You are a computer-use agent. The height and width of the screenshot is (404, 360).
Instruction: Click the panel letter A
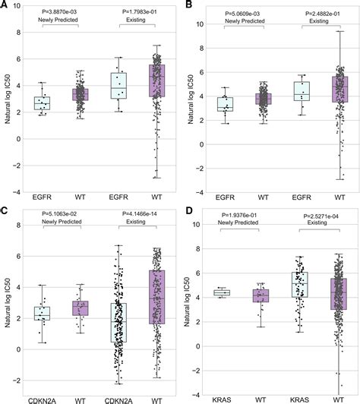(x=5, y=5)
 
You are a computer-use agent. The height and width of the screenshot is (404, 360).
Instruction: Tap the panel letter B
(x=188, y=5)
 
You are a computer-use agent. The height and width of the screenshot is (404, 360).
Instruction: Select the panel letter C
(x=5, y=208)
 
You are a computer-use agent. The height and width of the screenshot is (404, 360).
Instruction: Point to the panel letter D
(x=188, y=208)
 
